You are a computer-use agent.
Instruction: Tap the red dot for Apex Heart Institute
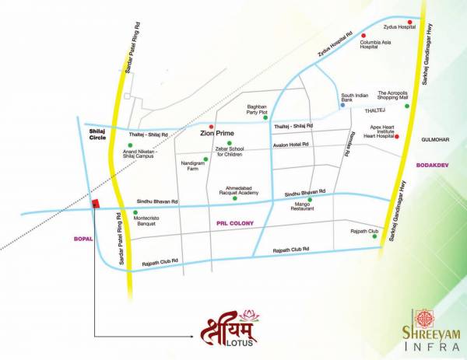398,138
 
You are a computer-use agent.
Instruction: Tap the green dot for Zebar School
229,143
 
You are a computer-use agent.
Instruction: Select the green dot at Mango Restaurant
310,199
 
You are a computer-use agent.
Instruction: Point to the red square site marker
96,204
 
